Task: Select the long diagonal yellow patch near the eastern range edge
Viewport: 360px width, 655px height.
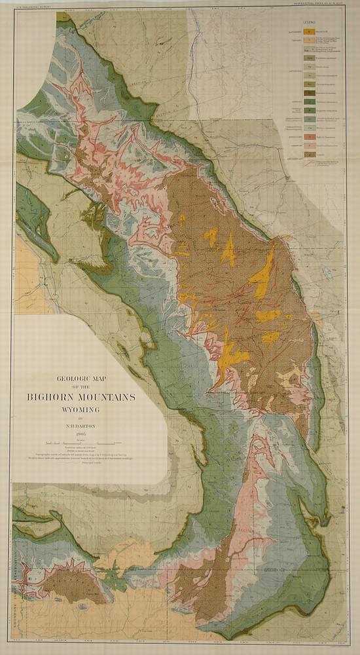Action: (x=262, y=275)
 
